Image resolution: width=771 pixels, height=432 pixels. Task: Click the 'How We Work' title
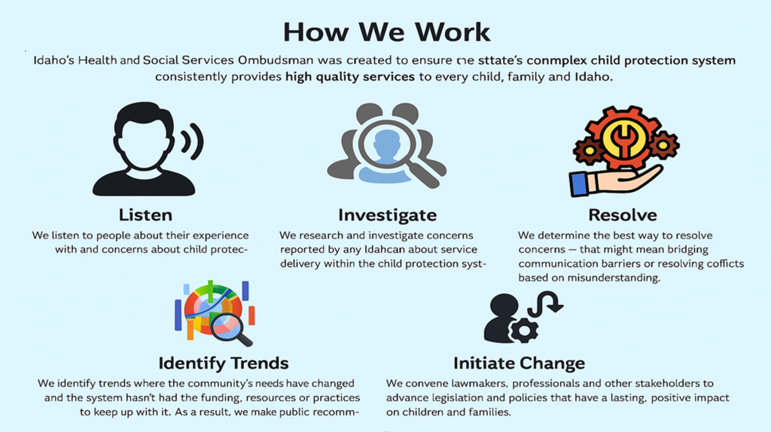click(386, 32)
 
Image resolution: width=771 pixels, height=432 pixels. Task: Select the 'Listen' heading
click(145, 215)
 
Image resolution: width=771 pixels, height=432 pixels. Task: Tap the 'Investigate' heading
click(388, 215)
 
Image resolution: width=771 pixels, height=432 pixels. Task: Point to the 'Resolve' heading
click(623, 215)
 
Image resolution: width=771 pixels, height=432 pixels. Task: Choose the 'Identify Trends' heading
click(223, 364)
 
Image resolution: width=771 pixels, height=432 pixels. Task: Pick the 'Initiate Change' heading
click(520, 364)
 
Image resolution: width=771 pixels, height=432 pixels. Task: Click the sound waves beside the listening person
click(193, 141)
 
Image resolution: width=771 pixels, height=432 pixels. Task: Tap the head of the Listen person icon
click(144, 135)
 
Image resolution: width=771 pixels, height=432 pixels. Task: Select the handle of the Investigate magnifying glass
click(425, 175)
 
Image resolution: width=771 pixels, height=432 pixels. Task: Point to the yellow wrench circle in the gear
click(623, 139)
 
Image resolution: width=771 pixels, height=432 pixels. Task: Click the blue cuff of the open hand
click(579, 184)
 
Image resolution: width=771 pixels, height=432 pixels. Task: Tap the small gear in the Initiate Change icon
click(524, 330)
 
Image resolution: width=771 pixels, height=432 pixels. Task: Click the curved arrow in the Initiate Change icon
click(546, 304)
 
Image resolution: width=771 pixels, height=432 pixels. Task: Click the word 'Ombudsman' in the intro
click(276, 60)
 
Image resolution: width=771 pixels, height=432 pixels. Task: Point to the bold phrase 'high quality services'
click(350, 78)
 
